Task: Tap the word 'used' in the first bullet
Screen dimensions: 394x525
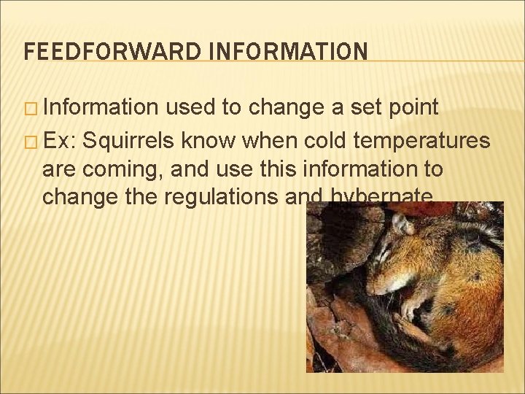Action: (x=191, y=108)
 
